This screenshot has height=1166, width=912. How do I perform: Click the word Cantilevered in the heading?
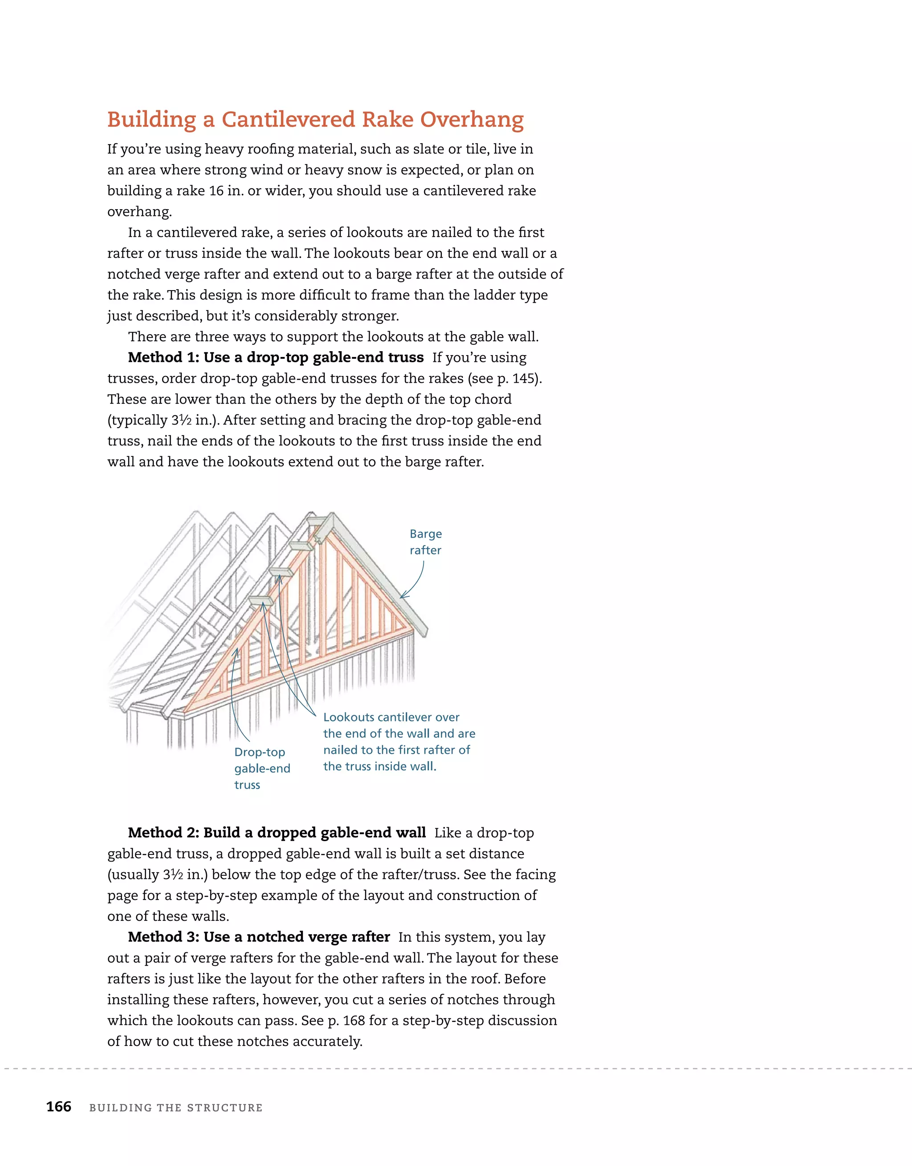(x=289, y=120)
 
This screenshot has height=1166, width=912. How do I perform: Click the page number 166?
(x=59, y=1107)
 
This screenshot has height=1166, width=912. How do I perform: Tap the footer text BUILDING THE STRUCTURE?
(x=176, y=1108)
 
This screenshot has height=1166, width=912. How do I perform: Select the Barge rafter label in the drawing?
(x=425, y=542)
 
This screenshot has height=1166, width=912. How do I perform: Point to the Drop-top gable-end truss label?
(x=262, y=768)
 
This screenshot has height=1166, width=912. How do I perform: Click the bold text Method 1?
(x=163, y=357)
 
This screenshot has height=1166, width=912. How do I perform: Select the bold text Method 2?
(x=163, y=832)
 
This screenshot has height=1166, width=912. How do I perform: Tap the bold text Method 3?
(x=163, y=936)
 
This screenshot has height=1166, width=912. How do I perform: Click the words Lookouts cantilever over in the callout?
(x=391, y=717)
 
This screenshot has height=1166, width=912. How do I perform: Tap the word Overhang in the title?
(x=472, y=120)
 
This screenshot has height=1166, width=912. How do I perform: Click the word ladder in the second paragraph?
(x=479, y=295)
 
